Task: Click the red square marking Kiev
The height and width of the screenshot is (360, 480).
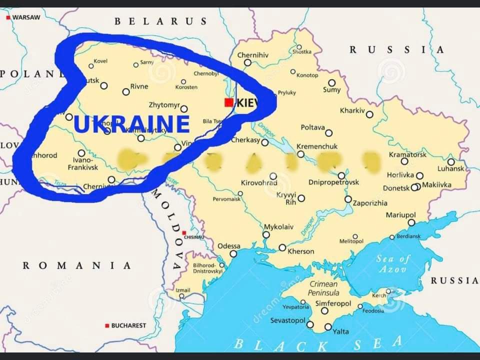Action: pos(228,102)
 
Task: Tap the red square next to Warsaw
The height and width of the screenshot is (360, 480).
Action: pos(8,17)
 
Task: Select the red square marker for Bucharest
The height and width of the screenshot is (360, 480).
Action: pos(107,325)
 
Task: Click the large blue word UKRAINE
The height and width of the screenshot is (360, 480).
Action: pos(131,124)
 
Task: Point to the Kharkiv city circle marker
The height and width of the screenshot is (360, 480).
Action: pos(369,114)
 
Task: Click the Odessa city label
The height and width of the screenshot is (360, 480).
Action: pos(228,246)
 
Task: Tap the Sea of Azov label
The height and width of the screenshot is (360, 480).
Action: pos(392,263)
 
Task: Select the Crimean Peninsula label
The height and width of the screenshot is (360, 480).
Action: pos(323,288)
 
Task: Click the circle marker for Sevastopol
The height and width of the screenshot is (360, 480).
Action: pos(310,324)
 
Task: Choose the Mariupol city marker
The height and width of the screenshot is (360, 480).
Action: pos(411,222)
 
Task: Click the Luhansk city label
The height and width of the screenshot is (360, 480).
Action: pos(450,169)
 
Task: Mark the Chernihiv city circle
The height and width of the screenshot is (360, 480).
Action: pos(247,62)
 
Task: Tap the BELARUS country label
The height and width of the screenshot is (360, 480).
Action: pos(160,21)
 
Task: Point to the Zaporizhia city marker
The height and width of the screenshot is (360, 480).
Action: pos(348,199)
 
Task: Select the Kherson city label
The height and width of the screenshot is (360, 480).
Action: pos(301,251)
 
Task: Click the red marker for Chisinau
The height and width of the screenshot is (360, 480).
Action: pos(184,233)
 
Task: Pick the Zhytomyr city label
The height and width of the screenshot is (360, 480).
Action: pos(164,105)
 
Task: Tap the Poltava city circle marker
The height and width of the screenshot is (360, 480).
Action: pos(328,133)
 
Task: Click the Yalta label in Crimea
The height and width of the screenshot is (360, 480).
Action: pos(340,331)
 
